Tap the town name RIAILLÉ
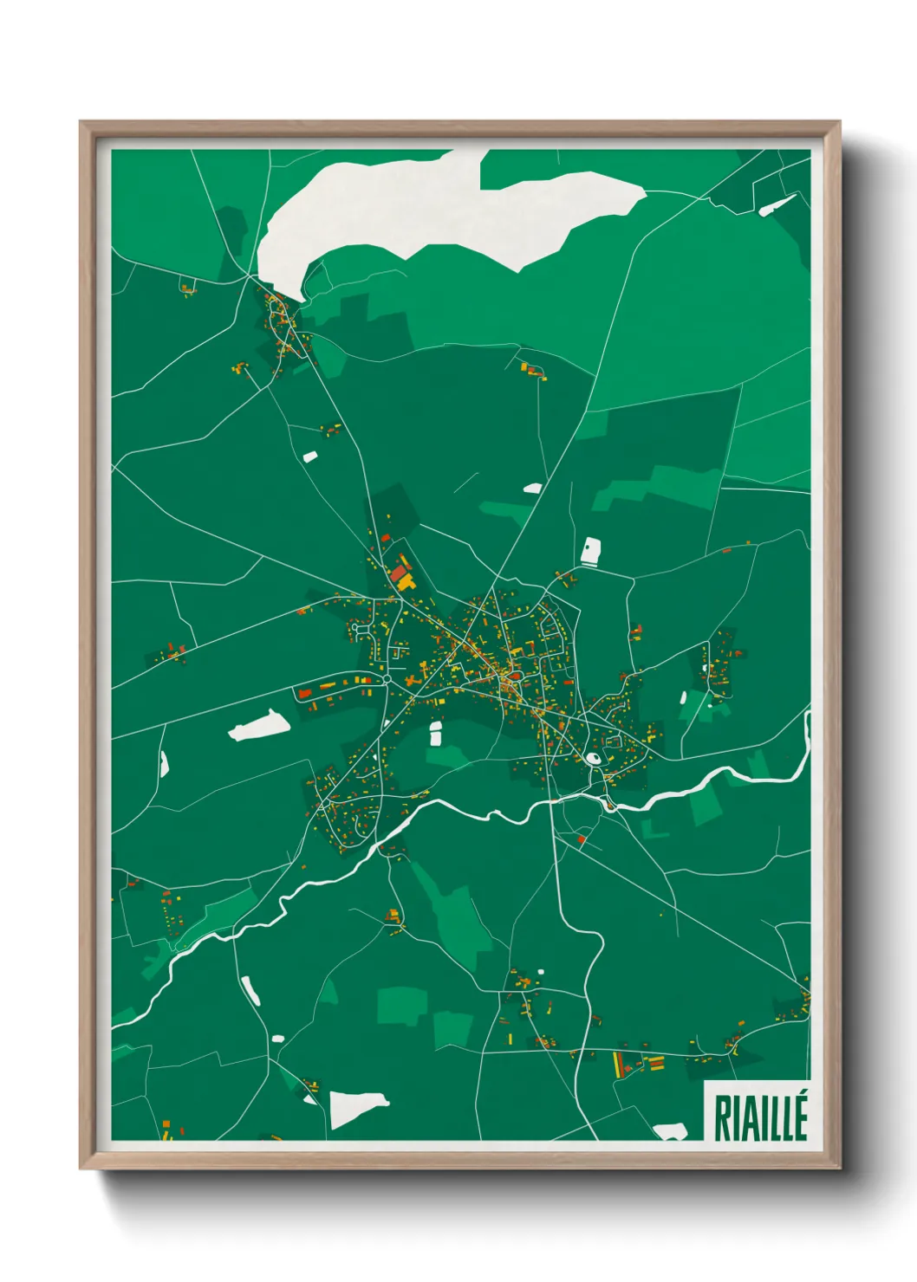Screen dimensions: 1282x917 [x=760, y=1118]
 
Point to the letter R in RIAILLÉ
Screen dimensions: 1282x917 [x=721, y=1118]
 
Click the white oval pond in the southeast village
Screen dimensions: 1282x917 [x=594, y=759]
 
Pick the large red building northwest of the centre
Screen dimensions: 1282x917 [x=398, y=573]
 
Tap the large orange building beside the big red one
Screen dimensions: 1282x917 [x=406, y=585]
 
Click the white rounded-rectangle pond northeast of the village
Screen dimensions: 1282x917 [x=590, y=551]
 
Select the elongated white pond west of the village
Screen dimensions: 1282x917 [x=259, y=726]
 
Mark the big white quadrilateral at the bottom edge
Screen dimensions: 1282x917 [x=356, y=1108]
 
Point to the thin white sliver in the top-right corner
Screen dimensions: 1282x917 [x=777, y=205]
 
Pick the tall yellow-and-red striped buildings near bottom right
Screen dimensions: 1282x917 [x=619, y=1063]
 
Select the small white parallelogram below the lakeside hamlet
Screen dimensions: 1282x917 [x=309, y=456]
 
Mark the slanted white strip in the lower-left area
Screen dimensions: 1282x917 [x=250, y=991]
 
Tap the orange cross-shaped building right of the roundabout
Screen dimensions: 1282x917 [x=410, y=681]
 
